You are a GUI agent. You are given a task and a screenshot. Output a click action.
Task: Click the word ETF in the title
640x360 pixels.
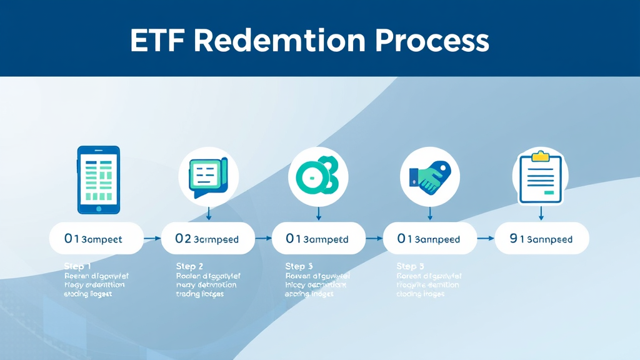[x=157, y=41]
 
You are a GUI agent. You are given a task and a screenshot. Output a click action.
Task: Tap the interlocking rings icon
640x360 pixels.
[x=317, y=177]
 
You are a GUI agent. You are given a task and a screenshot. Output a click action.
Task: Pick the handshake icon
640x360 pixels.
[x=429, y=177]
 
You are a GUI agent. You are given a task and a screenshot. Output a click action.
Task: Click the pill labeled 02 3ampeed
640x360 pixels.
[x=208, y=238]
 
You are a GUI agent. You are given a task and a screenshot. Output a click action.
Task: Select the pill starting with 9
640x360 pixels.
[x=541, y=238]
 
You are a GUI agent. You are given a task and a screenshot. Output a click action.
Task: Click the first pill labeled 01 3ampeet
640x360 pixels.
[x=96, y=238]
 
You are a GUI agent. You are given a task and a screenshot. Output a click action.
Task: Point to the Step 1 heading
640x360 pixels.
[x=77, y=266]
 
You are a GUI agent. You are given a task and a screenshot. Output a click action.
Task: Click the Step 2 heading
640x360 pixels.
[x=189, y=266]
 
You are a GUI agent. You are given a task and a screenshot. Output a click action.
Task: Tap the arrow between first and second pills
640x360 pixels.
[x=152, y=238]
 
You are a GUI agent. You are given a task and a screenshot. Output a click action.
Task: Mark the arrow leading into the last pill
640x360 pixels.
[x=486, y=238]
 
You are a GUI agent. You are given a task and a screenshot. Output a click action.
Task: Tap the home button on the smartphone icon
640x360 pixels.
[x=98, y=206]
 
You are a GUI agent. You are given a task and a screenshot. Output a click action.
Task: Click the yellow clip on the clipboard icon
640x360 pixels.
[x=540, y=154]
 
